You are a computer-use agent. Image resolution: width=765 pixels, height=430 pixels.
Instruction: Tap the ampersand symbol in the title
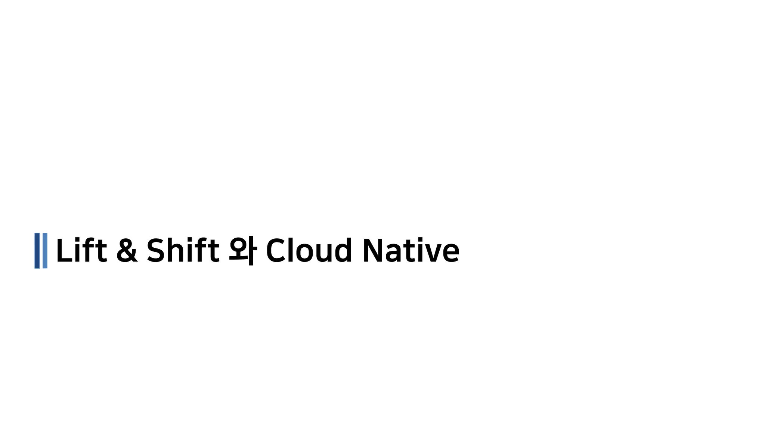(x=127, y=250)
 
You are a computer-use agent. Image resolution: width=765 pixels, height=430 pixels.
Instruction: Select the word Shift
(x=183, y=250)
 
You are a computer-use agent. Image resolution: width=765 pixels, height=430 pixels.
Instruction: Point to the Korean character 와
(x=242, y=250)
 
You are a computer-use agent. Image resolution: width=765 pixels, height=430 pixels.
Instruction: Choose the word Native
(x=411, y=250)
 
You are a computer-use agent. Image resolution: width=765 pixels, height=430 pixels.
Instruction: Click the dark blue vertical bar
(x=37, y=251)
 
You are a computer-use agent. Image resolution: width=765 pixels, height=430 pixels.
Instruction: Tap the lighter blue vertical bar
(x=45, y=251)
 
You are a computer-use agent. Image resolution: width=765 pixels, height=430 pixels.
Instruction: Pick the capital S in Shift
(x=156, y=250)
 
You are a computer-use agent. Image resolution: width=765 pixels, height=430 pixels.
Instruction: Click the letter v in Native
(x=433, y=253)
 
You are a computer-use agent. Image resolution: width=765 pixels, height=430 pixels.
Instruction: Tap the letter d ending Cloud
(x=343, y=250)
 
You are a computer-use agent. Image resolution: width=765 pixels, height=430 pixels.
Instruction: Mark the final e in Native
(x=451, y=253)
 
